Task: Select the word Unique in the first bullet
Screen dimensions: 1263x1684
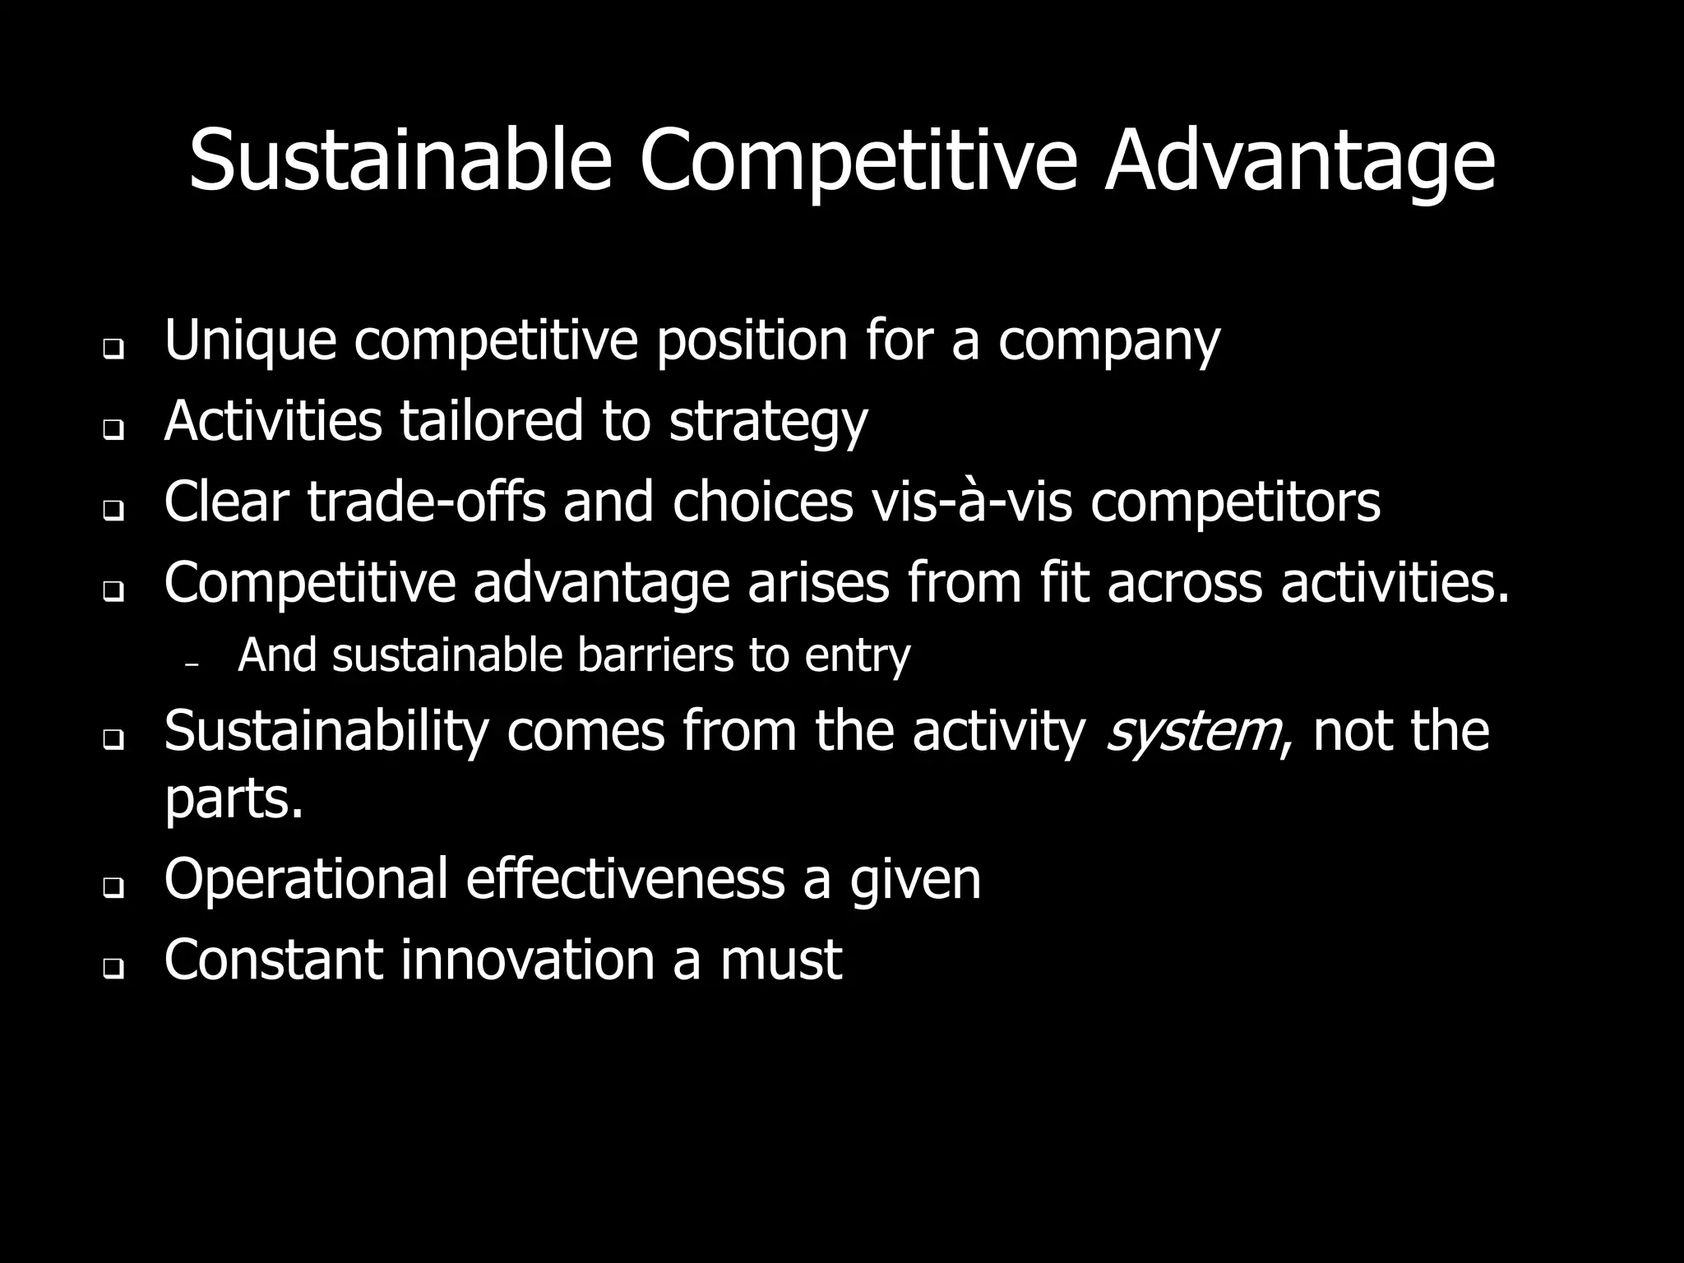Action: click(x=250, y=340)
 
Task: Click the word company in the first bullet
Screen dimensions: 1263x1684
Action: click(x=1108, y=341)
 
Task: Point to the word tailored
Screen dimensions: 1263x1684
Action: click(x=491, y=420)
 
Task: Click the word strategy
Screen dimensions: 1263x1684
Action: click(x=768, y=422)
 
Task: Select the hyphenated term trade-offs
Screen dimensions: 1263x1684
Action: click(x=426, y=502)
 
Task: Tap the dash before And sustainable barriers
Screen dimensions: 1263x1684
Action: click(x=193, y=664)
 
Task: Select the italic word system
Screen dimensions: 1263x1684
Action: click(x=1191, y=731)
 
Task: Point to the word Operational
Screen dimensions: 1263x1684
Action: click(x=306, y=879)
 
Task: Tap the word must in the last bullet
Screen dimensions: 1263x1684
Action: click(x=780, y=960)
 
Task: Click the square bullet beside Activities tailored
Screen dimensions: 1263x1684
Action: click(x=113, y=430)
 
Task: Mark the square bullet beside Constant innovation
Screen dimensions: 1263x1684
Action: click(x=113, y=969)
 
